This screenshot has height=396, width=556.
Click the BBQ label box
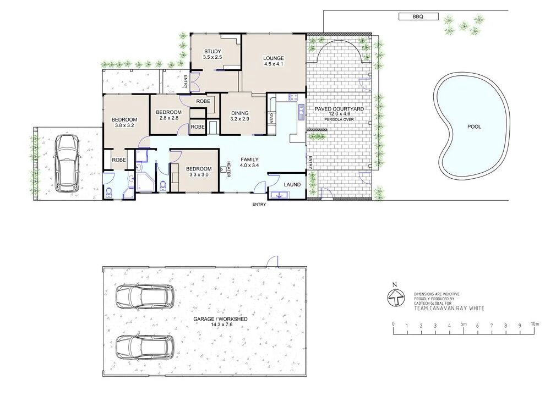(418, 16)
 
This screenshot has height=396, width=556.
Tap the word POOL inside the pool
(474, 127)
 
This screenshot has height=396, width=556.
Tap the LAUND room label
(292, 185)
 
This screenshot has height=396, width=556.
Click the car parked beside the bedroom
(67, 163)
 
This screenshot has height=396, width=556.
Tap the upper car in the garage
(145, 296)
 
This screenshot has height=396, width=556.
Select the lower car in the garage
(145, 348)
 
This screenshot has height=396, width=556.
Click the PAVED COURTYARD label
(339, 109)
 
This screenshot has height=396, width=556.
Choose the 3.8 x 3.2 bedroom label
(126, 122)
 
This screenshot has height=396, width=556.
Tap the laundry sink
(280, 195)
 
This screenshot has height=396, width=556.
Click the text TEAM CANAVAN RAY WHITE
(449, 308)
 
